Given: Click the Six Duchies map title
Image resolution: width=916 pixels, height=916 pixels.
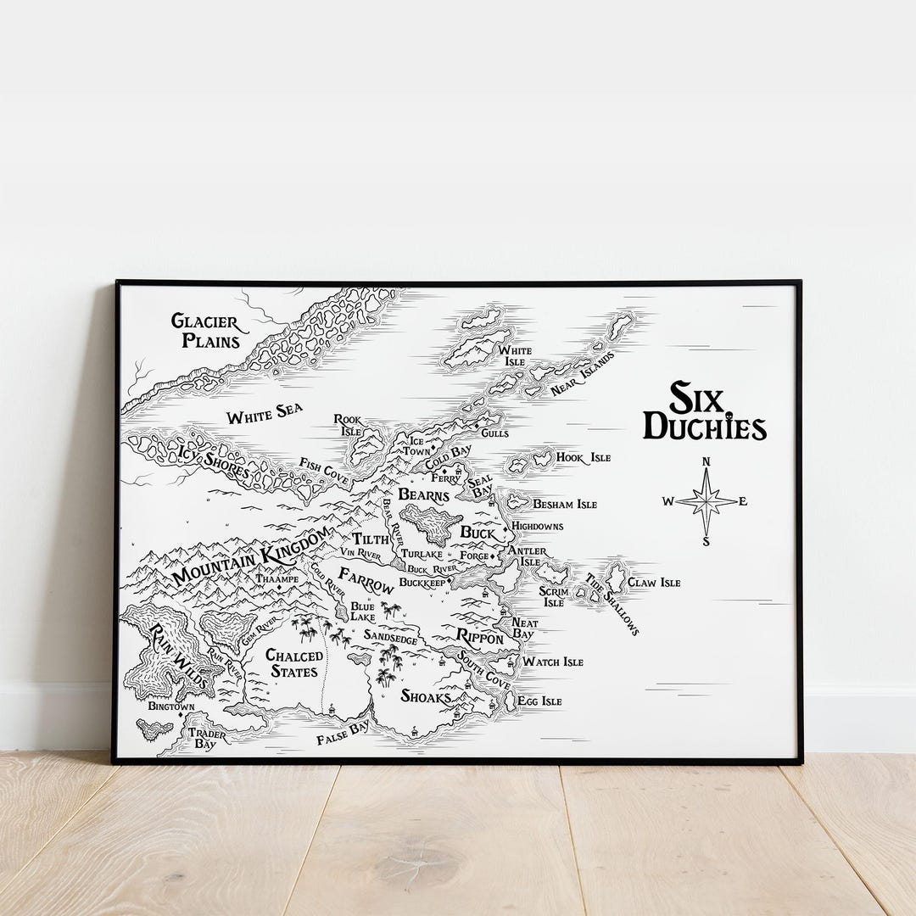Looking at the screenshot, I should (704, 411).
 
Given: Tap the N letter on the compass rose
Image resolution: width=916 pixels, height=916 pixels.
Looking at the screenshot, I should (706, 462).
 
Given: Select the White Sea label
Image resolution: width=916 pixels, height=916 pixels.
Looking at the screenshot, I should (264, 416).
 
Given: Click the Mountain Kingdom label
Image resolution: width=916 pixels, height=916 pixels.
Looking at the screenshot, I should (250, 557).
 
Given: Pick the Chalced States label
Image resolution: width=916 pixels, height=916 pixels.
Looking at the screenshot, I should (294, 663).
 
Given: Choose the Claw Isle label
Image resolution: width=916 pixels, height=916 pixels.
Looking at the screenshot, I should (654, 583).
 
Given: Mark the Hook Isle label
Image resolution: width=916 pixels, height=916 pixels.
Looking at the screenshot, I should (583, 458).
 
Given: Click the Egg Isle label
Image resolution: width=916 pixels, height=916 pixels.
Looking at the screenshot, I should (540, 701).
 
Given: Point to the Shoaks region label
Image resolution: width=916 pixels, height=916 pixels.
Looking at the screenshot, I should (426, 697).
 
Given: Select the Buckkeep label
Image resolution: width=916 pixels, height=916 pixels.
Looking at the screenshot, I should (422, 584).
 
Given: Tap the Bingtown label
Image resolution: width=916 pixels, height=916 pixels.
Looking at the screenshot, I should (170, 706).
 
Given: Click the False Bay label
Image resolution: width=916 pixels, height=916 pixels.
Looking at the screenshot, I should (343, 734).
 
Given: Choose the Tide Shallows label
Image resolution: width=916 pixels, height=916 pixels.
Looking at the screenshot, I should (612, 603).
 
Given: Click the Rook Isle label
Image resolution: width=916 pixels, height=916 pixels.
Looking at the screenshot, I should (348, 424).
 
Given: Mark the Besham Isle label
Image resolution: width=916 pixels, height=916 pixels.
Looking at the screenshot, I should (564, 504).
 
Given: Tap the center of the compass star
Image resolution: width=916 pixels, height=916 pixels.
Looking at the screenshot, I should (707, 501).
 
